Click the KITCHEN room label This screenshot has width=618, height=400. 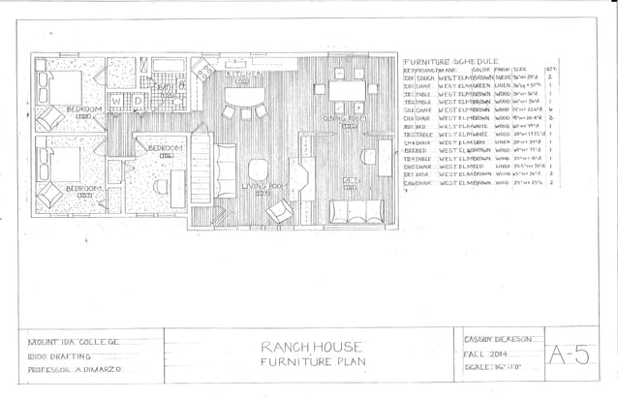242,74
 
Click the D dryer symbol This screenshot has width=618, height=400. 138,99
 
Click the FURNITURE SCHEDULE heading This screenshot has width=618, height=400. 449,59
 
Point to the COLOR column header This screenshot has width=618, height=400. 480,69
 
